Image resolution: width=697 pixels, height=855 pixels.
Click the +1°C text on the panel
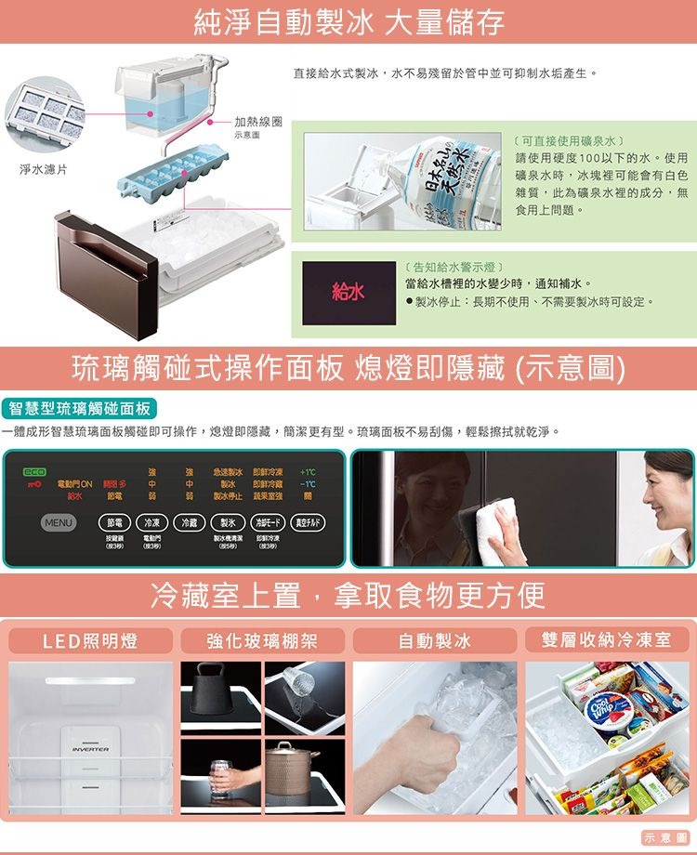tap(309, 472)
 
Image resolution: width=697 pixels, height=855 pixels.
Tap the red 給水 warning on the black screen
tap(349, 293)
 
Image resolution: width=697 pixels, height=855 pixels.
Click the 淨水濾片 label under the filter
tap(43, 170)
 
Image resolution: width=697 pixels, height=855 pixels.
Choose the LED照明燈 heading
tap(91, 640)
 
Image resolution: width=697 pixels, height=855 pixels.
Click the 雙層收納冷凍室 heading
tap(607, 640)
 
